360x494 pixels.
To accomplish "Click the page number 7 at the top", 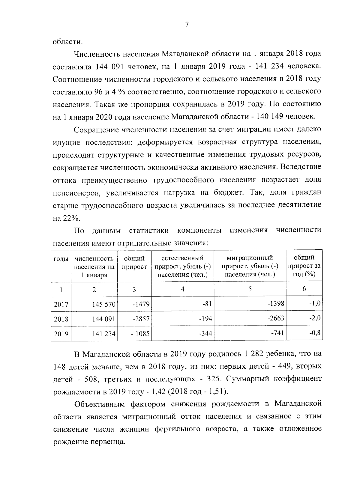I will (x=186, y=25).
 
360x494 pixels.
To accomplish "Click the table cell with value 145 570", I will (x=104, y=305).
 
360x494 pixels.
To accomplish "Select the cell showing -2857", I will (x=141, y=319).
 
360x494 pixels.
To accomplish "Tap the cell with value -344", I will (x=205, y=333).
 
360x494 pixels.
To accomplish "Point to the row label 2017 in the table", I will (x=61, y=305).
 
